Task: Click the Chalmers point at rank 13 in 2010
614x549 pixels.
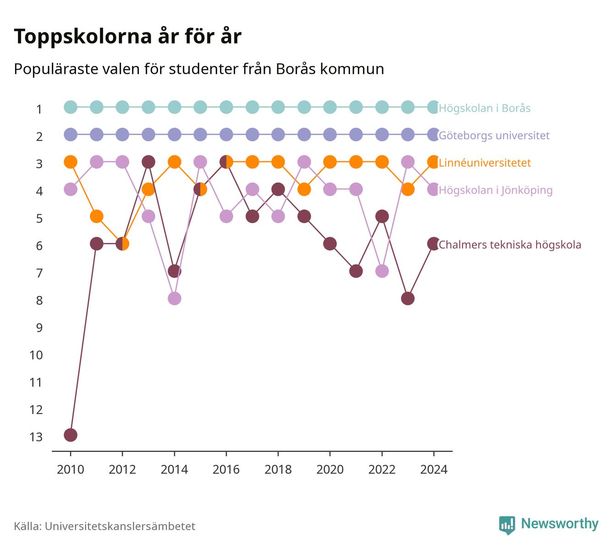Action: pos(71,435)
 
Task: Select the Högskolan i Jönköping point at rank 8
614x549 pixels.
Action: pos(174,299)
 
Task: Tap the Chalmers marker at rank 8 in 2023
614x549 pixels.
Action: pos(408,299)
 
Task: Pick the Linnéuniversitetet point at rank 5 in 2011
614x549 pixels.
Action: pos(97,216)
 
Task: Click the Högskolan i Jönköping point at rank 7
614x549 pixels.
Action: pos(382,271)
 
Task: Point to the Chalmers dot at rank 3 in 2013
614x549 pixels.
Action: pos(148,162)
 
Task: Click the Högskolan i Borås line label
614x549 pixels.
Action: pos(484,108)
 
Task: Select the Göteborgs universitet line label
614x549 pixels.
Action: pos(494,136)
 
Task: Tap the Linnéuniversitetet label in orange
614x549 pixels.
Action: pos(485,163)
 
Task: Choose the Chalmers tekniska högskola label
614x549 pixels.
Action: pos(510,245)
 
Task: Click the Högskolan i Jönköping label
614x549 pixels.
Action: pos(495,190)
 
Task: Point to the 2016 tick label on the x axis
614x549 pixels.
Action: pos(226,470)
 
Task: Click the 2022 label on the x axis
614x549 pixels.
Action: pos(382,470)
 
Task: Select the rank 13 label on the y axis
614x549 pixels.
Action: pos(36,437)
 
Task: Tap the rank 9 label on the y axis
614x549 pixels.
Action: pos(39,328)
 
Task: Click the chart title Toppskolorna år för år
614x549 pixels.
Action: pos(127,36)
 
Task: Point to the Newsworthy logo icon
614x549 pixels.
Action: pos(507,525)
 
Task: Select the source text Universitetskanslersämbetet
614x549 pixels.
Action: pos(120,526)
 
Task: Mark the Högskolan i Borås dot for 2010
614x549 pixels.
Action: pos(71,107)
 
